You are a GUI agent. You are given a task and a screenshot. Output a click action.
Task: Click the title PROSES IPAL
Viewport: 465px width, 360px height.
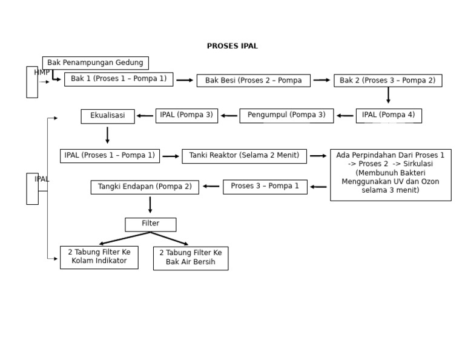click(232, 46)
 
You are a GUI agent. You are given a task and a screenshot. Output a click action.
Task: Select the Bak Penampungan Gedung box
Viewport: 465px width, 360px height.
click(95, 63)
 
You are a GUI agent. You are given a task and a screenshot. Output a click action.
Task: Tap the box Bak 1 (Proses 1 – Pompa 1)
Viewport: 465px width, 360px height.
click(119, 79)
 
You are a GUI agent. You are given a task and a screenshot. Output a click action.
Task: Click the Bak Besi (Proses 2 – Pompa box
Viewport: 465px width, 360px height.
click(253, 81)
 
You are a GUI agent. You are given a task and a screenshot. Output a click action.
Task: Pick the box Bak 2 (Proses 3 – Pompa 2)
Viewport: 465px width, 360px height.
click(387, 81)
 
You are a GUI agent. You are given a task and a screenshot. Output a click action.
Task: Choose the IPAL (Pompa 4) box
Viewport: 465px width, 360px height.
click(389, 116)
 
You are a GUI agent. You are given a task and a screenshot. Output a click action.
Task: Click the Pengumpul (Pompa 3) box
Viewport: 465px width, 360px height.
click(286, 116)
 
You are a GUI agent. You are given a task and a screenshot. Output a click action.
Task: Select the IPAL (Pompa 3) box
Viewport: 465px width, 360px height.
click(186, 116)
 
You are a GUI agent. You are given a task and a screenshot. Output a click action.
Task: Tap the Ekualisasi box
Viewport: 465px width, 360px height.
click(108, 116)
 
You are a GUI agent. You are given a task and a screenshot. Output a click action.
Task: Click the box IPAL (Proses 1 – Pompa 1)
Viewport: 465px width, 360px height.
click(110, 156)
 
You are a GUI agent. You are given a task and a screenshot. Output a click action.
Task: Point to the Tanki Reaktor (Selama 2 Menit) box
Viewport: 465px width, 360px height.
click(244, 156)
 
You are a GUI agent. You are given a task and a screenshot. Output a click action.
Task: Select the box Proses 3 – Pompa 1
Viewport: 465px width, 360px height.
click(265, 187)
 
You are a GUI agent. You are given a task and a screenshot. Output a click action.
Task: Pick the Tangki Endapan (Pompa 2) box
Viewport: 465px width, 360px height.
click(145, 187)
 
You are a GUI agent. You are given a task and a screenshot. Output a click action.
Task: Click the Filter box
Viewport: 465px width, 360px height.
click(150, 224)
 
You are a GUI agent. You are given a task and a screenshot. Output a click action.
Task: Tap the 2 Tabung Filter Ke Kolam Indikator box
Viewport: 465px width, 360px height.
click(99, 257)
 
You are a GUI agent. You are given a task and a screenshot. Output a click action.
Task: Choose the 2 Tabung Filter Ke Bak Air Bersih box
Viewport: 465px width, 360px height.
click(191, 258)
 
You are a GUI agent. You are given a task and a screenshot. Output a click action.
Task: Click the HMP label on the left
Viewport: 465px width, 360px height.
click(42, 73)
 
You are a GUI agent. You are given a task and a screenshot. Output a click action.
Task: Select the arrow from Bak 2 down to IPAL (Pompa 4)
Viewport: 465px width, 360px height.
click(388, 95)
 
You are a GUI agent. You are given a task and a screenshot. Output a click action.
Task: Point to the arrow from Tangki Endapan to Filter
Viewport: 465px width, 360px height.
click(150, 205)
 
